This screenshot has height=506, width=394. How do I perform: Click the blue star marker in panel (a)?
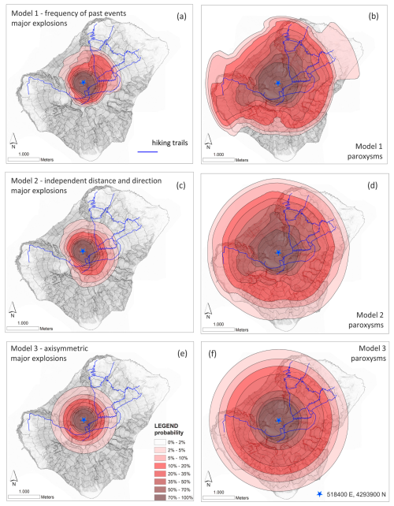tap(84, 82)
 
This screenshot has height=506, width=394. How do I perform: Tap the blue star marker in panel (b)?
tap(278, 83)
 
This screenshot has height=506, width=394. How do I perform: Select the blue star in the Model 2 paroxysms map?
tap(278, 252)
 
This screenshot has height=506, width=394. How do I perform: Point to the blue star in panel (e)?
tap(84, 420)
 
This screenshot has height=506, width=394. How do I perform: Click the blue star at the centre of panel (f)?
tap(278, 420)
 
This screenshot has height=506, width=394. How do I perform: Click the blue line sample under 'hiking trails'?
tap(147, 151)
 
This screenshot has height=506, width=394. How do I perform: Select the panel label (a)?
tap(181, 16)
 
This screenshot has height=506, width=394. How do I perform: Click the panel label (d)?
tap(372, 185)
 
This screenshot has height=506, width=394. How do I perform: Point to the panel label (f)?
tap(212, 354)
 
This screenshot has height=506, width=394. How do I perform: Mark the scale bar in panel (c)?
tap(23, 329)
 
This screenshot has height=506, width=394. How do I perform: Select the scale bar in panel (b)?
tap(218, 160)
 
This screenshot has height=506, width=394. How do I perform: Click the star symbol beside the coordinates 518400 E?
tap(319, 493)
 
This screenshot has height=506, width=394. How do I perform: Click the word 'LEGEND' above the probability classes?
tap(166, 426)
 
